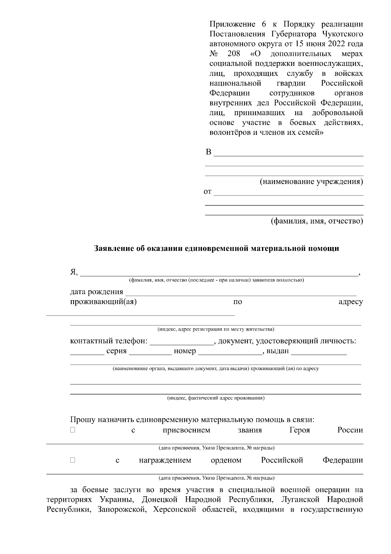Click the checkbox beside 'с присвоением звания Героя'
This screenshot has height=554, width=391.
(x=73, y=430)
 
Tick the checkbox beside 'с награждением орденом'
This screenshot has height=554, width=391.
(x=73, y=460)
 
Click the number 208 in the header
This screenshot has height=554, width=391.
(x=234, y=54)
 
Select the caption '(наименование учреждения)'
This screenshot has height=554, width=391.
(x=311, y=182)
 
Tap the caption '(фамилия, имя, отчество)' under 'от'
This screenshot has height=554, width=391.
(x=317, y=221)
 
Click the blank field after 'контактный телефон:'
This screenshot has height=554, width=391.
(x=181, y=342)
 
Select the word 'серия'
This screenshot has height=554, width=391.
(x=116, y=351)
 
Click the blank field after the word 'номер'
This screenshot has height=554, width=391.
(x=230, y=352)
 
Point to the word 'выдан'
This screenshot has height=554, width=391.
(x=278, y=351)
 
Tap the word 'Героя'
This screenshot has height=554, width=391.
(x=299, y=430)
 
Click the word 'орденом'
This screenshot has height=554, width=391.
(x=226, y=460)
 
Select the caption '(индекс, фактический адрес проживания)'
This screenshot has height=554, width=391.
(x=216, y=398)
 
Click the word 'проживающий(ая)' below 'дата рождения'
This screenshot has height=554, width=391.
(x=103, y=302)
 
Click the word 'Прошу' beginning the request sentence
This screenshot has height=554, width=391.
(x=83, y=420)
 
